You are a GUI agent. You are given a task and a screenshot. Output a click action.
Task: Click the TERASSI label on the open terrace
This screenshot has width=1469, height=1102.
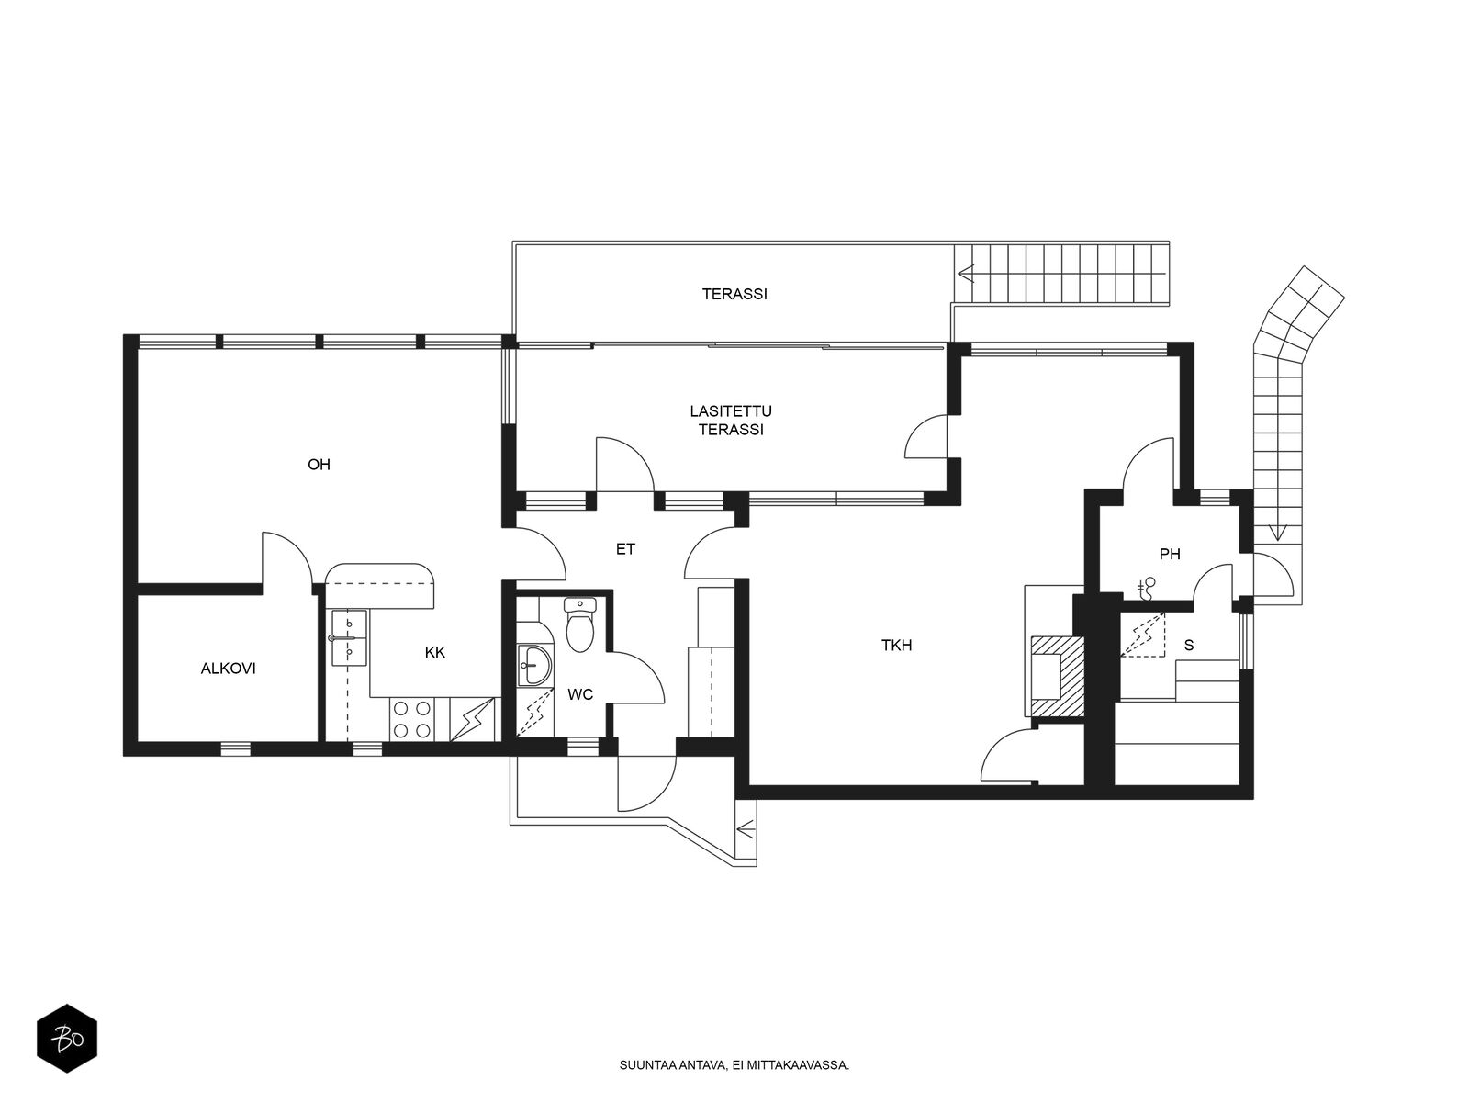coord(734,294)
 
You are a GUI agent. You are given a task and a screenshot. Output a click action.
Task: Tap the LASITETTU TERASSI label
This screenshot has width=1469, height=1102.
coord(731,421)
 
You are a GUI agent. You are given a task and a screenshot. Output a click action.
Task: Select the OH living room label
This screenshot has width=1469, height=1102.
coord(320,465)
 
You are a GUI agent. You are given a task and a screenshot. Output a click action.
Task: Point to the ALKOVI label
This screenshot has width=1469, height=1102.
coord(229,669)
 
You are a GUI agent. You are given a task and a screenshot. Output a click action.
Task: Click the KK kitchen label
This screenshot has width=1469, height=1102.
coord(435,652)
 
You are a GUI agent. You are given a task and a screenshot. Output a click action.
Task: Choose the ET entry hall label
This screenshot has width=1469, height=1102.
coord(625,549)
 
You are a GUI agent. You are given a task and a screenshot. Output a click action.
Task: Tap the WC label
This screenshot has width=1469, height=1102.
coord(580,694)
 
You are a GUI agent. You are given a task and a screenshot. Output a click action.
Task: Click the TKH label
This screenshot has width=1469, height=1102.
coord(896,645)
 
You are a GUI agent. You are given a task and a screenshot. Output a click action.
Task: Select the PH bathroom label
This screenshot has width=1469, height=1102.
coord(1170,554)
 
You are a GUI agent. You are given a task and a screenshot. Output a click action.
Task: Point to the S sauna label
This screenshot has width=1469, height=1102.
coord(1189,645)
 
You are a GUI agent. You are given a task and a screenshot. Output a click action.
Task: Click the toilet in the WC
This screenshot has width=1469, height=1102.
coord(579,624)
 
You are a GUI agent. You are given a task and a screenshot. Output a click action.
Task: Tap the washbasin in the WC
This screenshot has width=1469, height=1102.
coord(534,665)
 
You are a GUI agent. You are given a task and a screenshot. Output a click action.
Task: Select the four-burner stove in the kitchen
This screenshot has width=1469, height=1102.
coord(412,719)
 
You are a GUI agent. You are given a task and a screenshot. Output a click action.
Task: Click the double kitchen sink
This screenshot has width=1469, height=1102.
coord(348,637)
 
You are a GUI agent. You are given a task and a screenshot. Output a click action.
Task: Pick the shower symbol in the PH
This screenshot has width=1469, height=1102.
coord(1147,588)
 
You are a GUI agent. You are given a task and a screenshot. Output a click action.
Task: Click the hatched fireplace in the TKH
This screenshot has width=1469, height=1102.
coord(1058,677)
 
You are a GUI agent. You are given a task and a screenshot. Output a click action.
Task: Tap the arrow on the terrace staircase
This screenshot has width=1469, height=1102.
coord(966,275)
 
